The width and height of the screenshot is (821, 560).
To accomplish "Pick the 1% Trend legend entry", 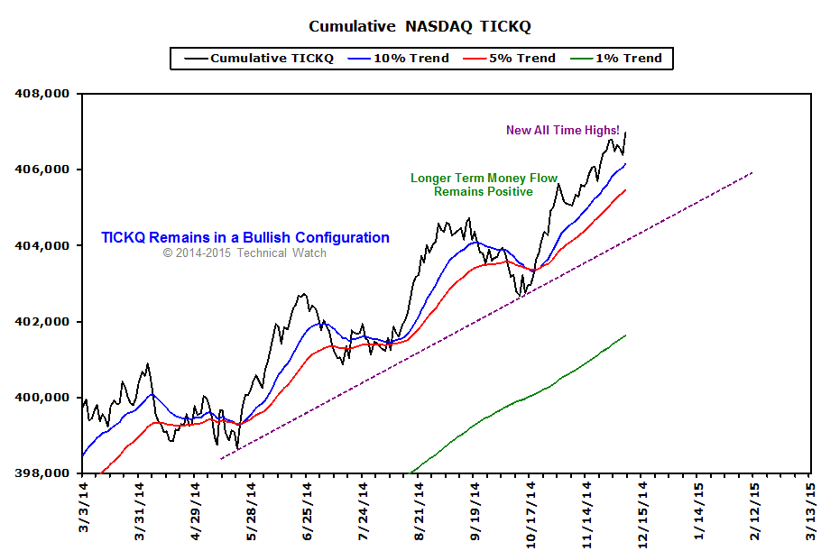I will [629, 59].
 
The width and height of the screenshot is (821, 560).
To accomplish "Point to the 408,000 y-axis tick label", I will [43, 93].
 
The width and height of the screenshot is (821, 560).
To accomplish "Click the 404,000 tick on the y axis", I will [43, 245].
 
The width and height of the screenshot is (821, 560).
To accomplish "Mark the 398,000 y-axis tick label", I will [43, 473].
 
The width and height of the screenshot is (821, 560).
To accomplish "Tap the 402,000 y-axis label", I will [43, 322].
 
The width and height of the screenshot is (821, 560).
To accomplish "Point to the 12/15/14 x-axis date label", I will [641, 511].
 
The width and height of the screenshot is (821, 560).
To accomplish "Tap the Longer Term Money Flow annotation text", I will [484, 179].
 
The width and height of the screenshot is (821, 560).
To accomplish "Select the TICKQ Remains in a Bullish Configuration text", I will [245, 238].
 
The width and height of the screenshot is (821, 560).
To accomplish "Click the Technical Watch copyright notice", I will [244, 253].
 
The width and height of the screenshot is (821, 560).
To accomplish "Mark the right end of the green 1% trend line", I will [626, 335].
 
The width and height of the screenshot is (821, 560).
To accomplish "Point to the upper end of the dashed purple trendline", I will [752, 172].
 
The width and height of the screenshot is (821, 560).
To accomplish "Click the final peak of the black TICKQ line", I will [626, 133].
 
